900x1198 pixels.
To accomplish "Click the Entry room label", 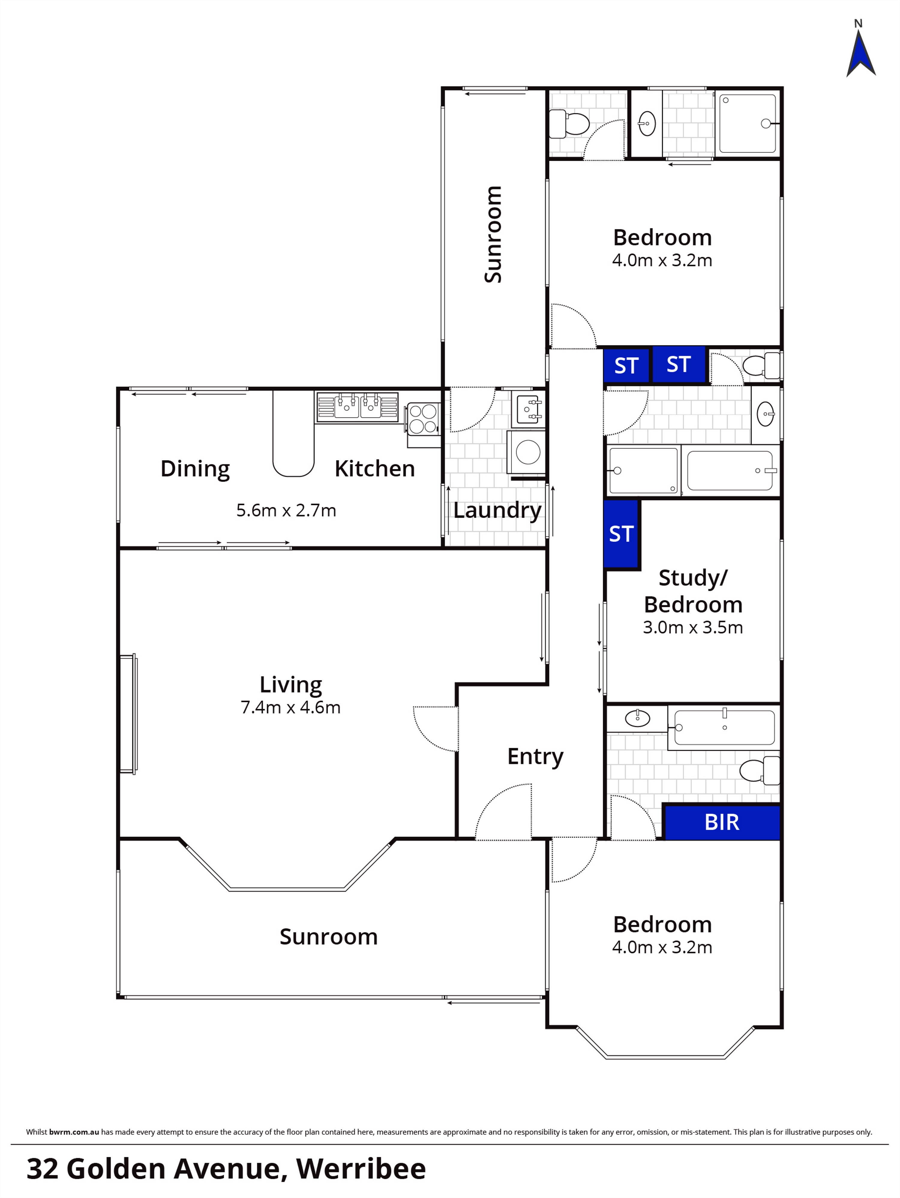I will point(535,756).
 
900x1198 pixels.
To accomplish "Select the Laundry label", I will point(497,510).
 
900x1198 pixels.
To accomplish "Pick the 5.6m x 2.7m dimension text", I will point(286,510).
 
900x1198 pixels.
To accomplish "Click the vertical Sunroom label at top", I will point(493,234).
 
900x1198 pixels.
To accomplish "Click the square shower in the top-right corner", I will point(748,124).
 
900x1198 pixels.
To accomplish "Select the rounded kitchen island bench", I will point(293,433).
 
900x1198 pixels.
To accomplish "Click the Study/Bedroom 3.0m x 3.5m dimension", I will point(692,627).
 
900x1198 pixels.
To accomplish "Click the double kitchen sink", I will point(358,407).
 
